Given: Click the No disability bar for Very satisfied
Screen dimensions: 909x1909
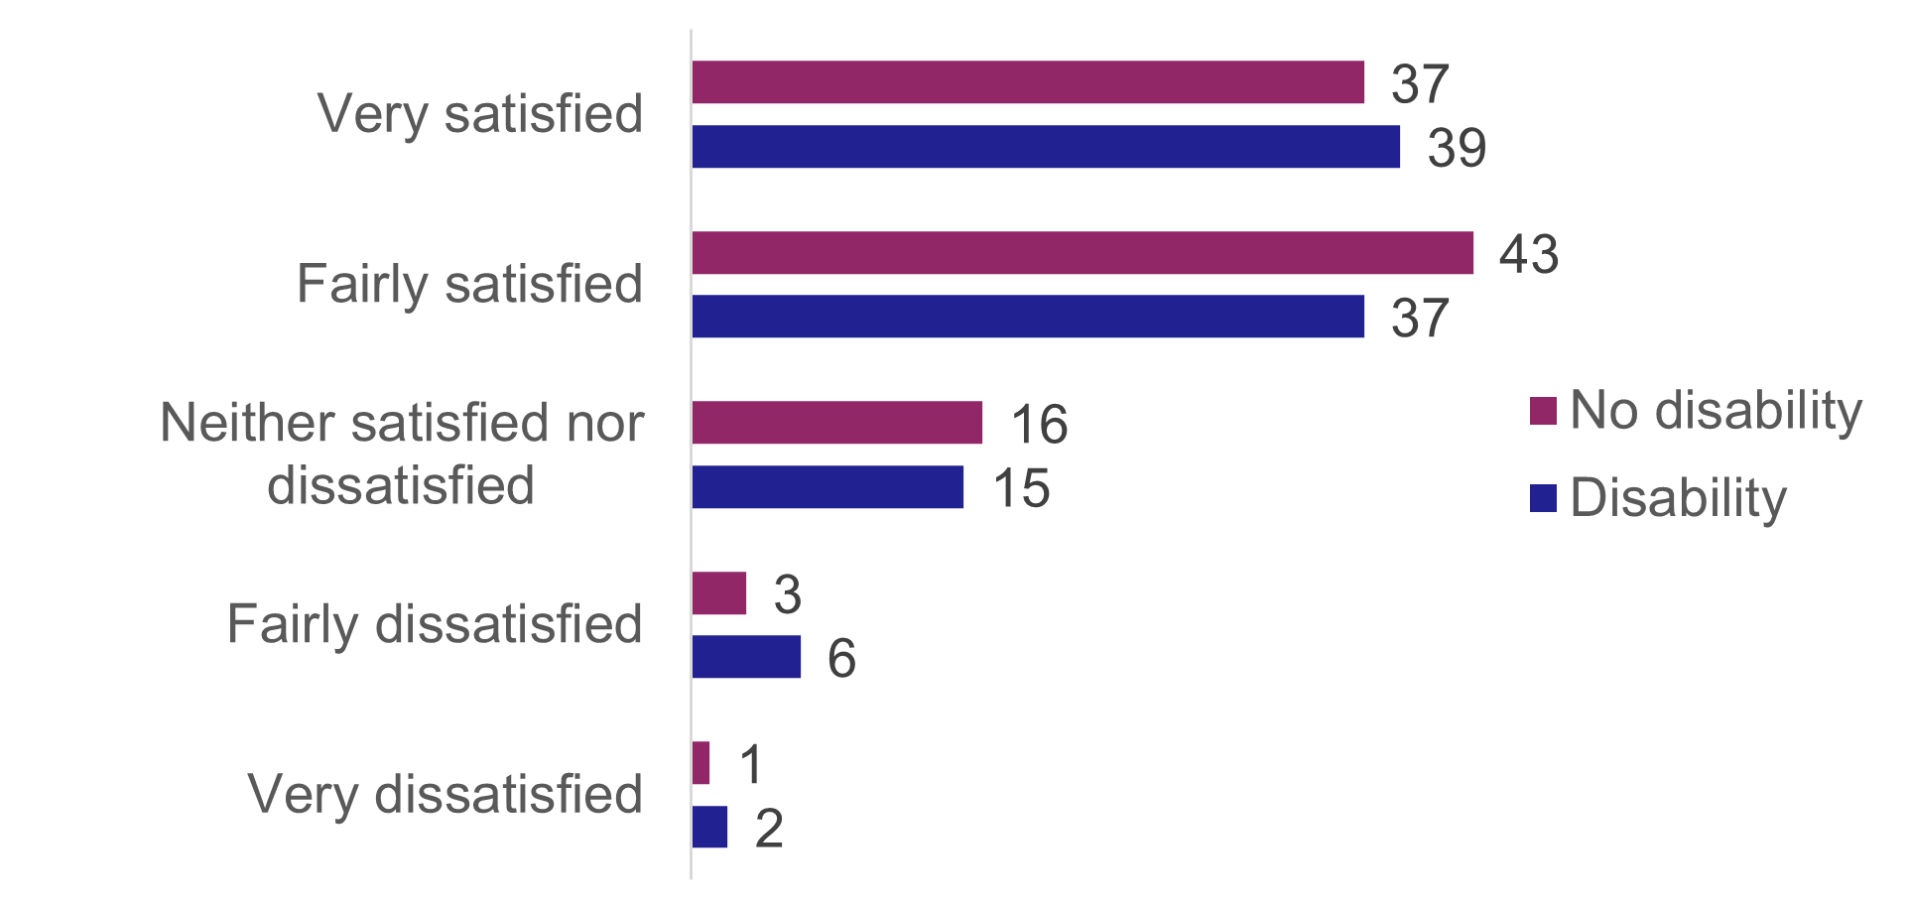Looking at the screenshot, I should [1028, 82].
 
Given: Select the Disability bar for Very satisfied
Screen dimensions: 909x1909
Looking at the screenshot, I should [1046, 147].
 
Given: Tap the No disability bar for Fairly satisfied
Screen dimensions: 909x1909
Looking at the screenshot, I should [1082, 253].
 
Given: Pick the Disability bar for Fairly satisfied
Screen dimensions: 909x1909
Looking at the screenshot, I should [1028, 317].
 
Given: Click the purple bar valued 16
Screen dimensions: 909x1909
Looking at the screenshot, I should [837, 423].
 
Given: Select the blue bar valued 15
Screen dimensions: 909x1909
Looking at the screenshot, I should [827, 487].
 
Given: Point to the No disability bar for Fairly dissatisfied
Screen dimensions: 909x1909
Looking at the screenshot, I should [719, 593].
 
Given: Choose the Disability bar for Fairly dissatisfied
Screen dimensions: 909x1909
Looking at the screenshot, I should [746, 657].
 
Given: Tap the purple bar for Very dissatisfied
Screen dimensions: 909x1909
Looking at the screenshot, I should [701, 763].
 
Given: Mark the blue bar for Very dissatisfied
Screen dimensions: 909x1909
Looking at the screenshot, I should [710, 827].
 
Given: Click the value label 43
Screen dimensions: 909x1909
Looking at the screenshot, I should [1529, 254].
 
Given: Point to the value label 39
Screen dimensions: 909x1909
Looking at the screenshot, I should [1457, 148].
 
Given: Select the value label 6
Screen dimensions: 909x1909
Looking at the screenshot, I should [841, 658].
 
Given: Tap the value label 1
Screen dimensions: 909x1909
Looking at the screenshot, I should [751, 764].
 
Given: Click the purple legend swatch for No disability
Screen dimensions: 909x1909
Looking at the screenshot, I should [1543, 411].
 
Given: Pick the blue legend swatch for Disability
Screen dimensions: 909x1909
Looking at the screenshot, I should [1543, 498].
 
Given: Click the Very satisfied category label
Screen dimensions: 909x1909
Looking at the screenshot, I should [480, 113].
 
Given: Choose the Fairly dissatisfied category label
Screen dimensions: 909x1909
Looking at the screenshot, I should [435, 624].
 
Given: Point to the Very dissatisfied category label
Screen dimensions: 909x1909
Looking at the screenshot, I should [445, 794].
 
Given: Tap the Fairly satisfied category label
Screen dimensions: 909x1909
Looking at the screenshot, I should [470, 284].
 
